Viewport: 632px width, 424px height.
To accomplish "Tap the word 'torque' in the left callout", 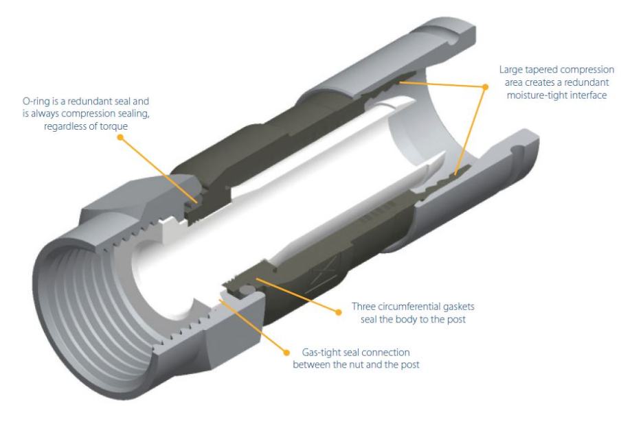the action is pyautogui.click(x=115, y=126).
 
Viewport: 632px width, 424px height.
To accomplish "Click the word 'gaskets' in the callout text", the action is pyautogui.click(x=457, y=307).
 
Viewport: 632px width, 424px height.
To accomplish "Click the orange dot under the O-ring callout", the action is pyautogui.click(x=120, y=137).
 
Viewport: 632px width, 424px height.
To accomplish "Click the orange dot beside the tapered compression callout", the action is pyautogui.click(x=485, y=86).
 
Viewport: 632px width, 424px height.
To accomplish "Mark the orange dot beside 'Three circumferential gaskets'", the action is pyautogui.click(x=339, y=312).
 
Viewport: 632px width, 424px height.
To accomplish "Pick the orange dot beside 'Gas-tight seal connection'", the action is pyautogui.click(x=286, y=353).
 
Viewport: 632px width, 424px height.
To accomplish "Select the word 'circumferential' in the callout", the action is pyautogui.click(x=407, y=307).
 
